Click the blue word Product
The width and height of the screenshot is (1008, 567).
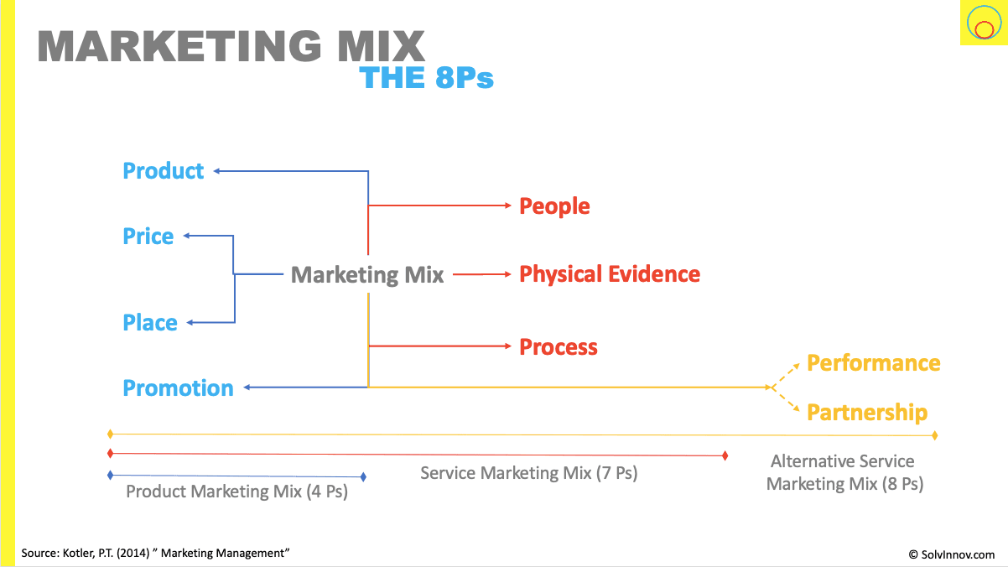tap(164, 171)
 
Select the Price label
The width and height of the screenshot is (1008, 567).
tap(148, 237)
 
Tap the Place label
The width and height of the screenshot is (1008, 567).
tap(150, 323)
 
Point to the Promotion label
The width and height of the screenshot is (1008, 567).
tap(178, 388)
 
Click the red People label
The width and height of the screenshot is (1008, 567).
tap(554, 206)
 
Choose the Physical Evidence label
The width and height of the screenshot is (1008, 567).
tap(610, 274)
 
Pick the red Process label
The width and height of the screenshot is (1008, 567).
tap(559, 347)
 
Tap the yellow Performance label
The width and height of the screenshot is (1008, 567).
tap(873, 363)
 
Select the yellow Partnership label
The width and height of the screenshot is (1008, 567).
tap(867, 413)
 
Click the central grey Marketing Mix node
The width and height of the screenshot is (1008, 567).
tap(367, 275)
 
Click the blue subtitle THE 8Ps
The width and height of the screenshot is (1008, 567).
tap(426, 78)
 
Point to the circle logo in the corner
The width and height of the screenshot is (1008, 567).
tap(982, 23)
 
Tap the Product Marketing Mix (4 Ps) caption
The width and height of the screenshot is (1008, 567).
tap(236, 492)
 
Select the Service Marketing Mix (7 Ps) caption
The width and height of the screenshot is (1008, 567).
tap(528, 473)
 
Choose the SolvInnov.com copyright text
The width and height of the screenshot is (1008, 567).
tap(952, 554)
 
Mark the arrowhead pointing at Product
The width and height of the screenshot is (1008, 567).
tap(216, 171)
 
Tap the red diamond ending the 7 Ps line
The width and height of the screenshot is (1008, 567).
tap(725, 455)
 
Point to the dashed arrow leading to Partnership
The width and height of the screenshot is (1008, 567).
tap(787, 401)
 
